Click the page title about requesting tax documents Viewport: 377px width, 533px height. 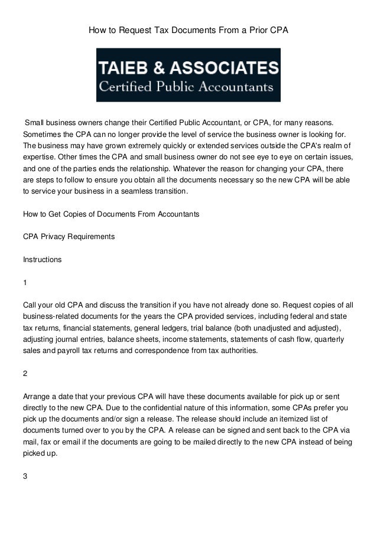point(188,28)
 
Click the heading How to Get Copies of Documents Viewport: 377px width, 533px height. point(110,214)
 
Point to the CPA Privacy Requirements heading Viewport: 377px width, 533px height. point(69,237)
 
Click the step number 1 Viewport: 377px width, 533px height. point(25,283)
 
